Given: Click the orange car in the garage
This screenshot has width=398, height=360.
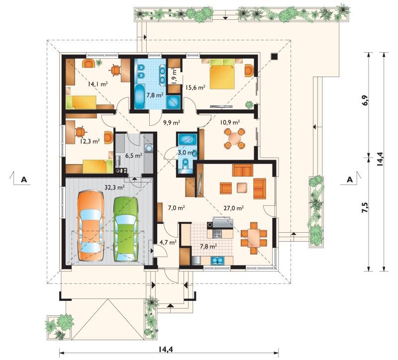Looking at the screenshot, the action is click(x=91, y=225).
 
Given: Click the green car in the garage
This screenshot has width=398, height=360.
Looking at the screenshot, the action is click(x=126, y=229).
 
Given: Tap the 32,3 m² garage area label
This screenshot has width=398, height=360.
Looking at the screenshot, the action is click(x=114, y=187).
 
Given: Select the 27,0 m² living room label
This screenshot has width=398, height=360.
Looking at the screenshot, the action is click(x=233, y=208).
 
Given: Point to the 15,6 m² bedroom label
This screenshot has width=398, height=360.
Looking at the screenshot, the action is click(x=195, y=88).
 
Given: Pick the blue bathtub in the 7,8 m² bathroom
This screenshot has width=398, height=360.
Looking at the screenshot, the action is click(x=139, y=96).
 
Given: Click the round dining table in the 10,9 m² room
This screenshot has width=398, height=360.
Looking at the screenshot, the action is click(x=234, y=139).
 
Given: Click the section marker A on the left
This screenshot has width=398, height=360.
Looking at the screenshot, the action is click(x=24, y=180).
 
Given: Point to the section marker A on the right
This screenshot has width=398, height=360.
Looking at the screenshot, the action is click(x=350, y=180).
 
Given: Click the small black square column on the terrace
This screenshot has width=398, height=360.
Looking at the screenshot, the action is click(x=274, y=56).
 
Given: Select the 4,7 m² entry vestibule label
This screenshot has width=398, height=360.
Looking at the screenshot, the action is click(x=168, y=242).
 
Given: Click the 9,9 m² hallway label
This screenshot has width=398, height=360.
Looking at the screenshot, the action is click(x=172, y=123).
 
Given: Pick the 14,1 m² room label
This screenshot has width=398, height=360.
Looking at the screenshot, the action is click(x=98, y=84).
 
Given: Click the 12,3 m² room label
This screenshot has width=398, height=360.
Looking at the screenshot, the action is click(x=90, y=141).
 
